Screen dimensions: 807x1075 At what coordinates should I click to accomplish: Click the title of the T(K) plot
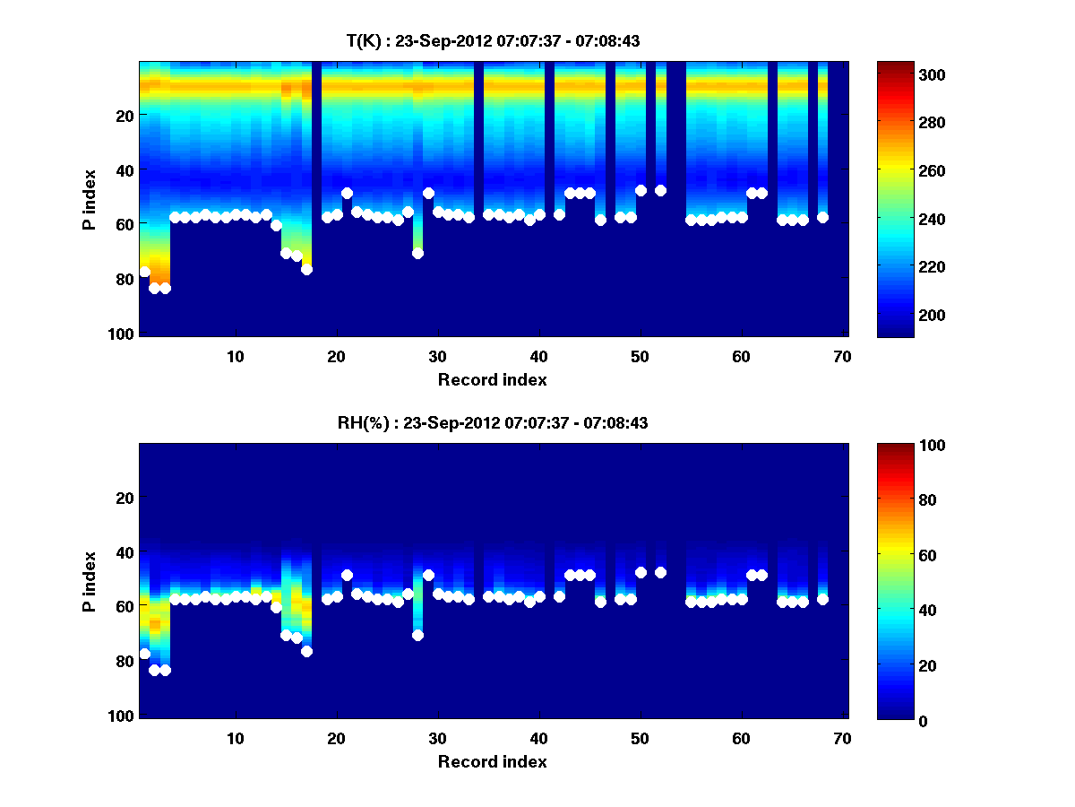pyautogui.click(x=493, y=40)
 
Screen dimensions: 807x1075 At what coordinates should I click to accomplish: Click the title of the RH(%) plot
pyautogui.click(x=493, y=422)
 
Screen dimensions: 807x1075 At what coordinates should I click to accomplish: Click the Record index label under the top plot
pyautogui.click(x=493, y=379)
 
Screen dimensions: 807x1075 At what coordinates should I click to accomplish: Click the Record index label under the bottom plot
pyautogui.click(x=493, y=761)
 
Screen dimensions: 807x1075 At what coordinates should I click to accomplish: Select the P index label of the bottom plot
pyautogui.click(x=90, y=581)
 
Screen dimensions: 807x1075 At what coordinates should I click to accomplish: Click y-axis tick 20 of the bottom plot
pyautogui.click(x=124, y=498)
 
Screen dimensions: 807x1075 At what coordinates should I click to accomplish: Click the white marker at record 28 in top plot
pyautogui.click(x=417, y=253)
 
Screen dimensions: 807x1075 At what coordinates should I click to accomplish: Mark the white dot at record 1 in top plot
pyautogui.click(x=145, y=272)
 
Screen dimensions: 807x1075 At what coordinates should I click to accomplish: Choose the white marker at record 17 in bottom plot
pyautogui.click(x=306, y=651)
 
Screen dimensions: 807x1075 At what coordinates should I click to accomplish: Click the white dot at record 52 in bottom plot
pyautogui.click(x=660, y=572)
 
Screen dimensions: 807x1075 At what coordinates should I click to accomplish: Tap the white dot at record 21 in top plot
pyautogui.click(x=347, y=193)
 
